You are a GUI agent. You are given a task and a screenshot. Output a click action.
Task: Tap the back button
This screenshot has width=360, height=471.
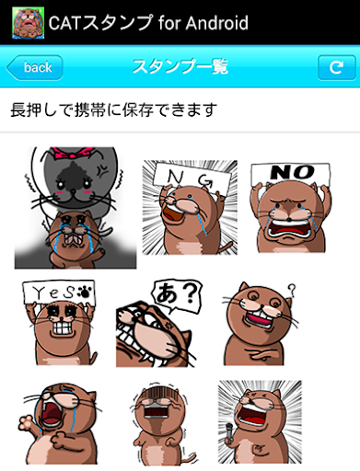tap(35, 67)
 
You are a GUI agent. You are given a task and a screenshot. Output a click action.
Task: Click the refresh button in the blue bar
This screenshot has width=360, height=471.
tap(336, 67)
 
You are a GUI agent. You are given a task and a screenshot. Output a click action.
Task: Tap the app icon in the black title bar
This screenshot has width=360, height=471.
tap(28, 23)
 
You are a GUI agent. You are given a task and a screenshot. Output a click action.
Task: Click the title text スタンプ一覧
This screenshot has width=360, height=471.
tap(180, 66)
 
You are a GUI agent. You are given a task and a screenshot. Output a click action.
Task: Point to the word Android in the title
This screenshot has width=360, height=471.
tap(216, 23)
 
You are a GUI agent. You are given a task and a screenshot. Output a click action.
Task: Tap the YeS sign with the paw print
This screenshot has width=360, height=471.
tap(58, 292)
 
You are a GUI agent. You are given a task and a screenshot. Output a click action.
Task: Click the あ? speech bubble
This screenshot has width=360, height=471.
tap(177, 295)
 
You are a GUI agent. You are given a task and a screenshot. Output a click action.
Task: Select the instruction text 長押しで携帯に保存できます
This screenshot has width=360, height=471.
tap(114, 109)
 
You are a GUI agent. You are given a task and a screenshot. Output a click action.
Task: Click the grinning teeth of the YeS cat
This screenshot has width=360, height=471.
tap(62, 328)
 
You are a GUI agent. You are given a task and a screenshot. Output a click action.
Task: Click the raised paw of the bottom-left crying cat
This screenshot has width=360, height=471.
tap(27, 424)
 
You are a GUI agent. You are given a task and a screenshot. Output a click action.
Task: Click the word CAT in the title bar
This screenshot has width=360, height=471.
tap(65, 23)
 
